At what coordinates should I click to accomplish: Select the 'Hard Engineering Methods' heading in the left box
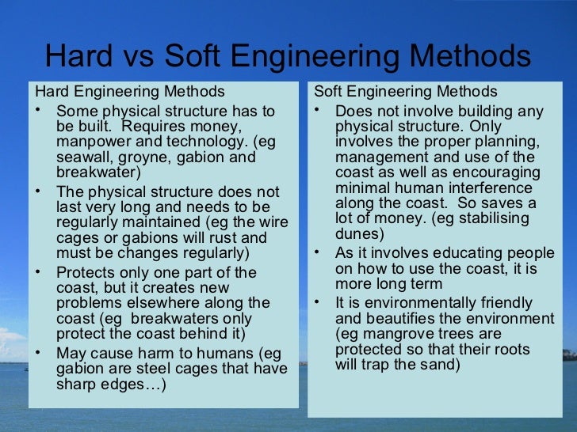[x=129, y=92]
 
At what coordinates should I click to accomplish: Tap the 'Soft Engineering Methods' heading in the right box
[x=406, y=92]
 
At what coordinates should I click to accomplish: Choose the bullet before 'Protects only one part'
[x=39, y=271]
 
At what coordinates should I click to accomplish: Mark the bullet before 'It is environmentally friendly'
[x=318, y=301]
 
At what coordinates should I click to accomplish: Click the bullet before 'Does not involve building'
[x=318, y=109]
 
